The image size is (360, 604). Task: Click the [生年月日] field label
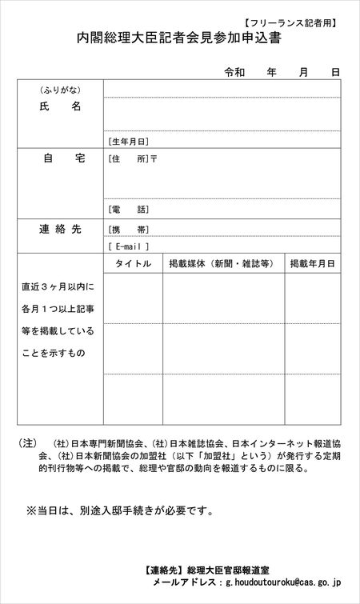click(129, 141)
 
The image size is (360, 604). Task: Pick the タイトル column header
click(133, 263)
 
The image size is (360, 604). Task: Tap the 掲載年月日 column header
click(312, 263)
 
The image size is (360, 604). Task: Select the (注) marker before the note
click(27, 442)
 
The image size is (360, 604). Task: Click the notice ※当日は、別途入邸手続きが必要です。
click(120, 509)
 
